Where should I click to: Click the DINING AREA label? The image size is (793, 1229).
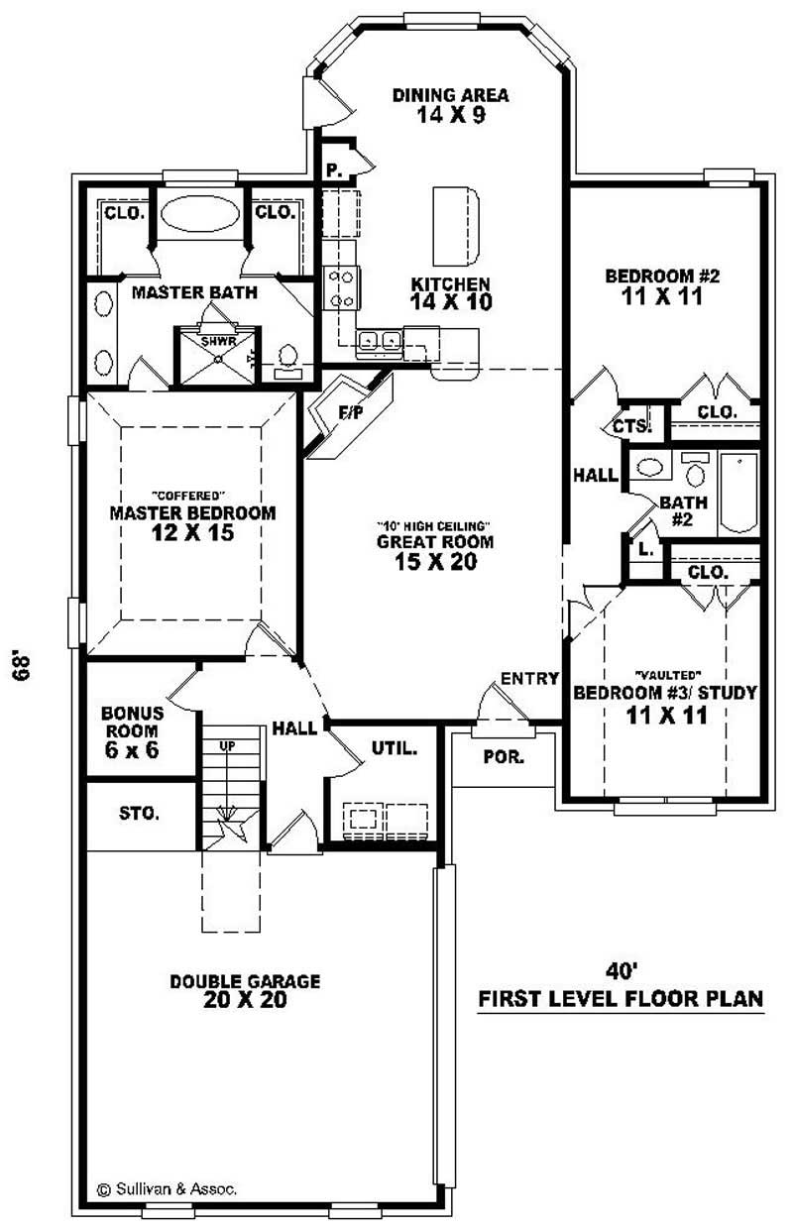(x=450, y=95)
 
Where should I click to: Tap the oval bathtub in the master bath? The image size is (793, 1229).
(x=198, y=214)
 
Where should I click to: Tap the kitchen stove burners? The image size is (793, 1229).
(x=342, y=287)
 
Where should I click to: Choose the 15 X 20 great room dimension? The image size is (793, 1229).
(x=435, y=562)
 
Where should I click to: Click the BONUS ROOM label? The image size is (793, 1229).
(x=132, y=721)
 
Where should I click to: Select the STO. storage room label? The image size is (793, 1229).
(x=140, y=814)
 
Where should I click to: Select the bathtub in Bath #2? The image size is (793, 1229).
(x=738, y=492)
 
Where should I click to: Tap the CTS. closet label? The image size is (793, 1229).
(x=631, y=426)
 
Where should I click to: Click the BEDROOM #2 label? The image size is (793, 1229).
(x=654, y=276)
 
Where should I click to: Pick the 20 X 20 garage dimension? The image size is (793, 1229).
(x=245, y=1000)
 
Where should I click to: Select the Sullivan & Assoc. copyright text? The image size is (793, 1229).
(x=166, y=1187)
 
